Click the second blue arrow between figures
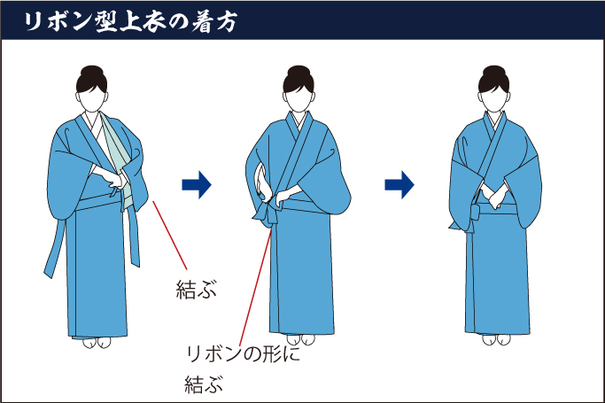[x=400, y=184]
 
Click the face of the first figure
[x=93, y=99]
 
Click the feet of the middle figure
[x=297, y=338]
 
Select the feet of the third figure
[x=493, y=338]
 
